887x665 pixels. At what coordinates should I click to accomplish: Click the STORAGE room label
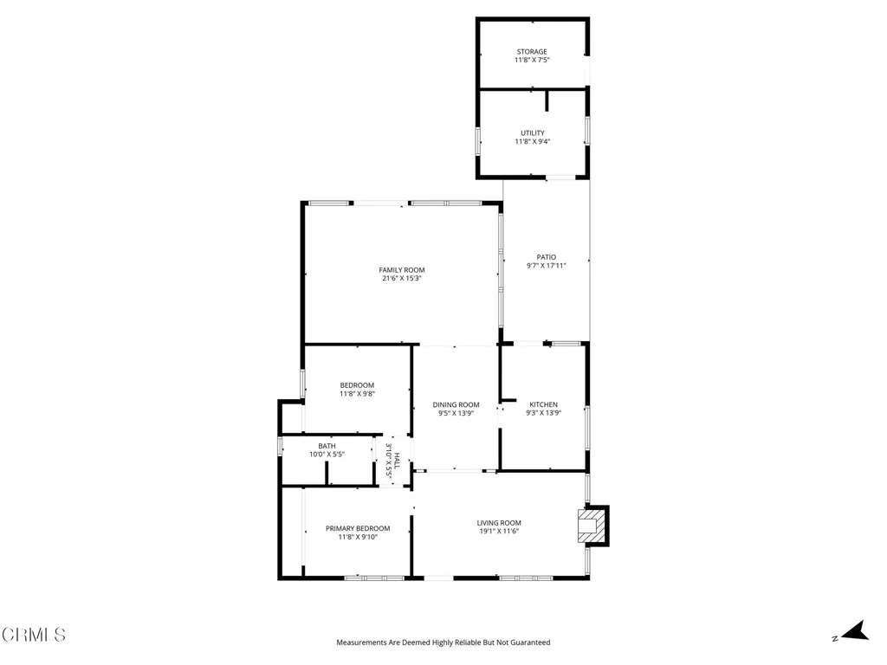[x=532, y=52]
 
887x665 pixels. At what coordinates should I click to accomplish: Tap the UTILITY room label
[x=532, y=132]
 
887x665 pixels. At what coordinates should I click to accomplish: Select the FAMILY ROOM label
[x=402, y=270]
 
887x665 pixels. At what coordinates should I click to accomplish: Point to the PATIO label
[x=546, y=256]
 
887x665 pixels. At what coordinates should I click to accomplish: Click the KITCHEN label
[x=544, y=404]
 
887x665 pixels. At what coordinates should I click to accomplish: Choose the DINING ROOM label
[x=456, y=404]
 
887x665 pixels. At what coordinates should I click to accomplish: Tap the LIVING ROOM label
[x=499, y=522]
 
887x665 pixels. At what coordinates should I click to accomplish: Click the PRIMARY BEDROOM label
[x=358, y=528]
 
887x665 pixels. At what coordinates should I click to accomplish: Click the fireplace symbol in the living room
[x=592, y=525]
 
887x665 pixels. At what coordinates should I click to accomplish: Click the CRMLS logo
[x=34, y=635]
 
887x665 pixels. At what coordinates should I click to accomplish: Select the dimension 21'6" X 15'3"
[x=402, y=279]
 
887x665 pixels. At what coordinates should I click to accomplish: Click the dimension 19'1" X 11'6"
[x=499, y=531]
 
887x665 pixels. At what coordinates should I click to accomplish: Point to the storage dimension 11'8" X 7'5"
[x=532, y=61]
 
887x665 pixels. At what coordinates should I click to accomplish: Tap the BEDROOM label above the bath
[x=357, y=385]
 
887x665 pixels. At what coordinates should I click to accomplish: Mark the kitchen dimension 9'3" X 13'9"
[x=544, y=413]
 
